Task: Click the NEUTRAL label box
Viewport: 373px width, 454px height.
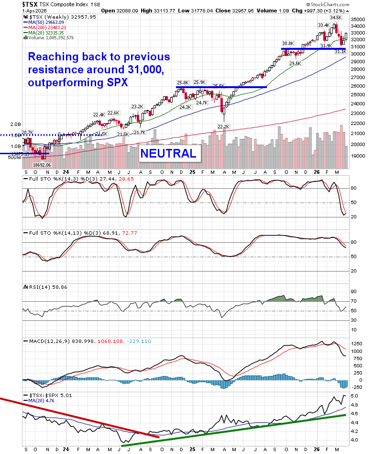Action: click(168, 153)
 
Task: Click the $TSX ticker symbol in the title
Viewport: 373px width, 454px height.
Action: click(31, 3)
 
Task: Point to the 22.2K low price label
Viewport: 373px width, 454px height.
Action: click(224, 126)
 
